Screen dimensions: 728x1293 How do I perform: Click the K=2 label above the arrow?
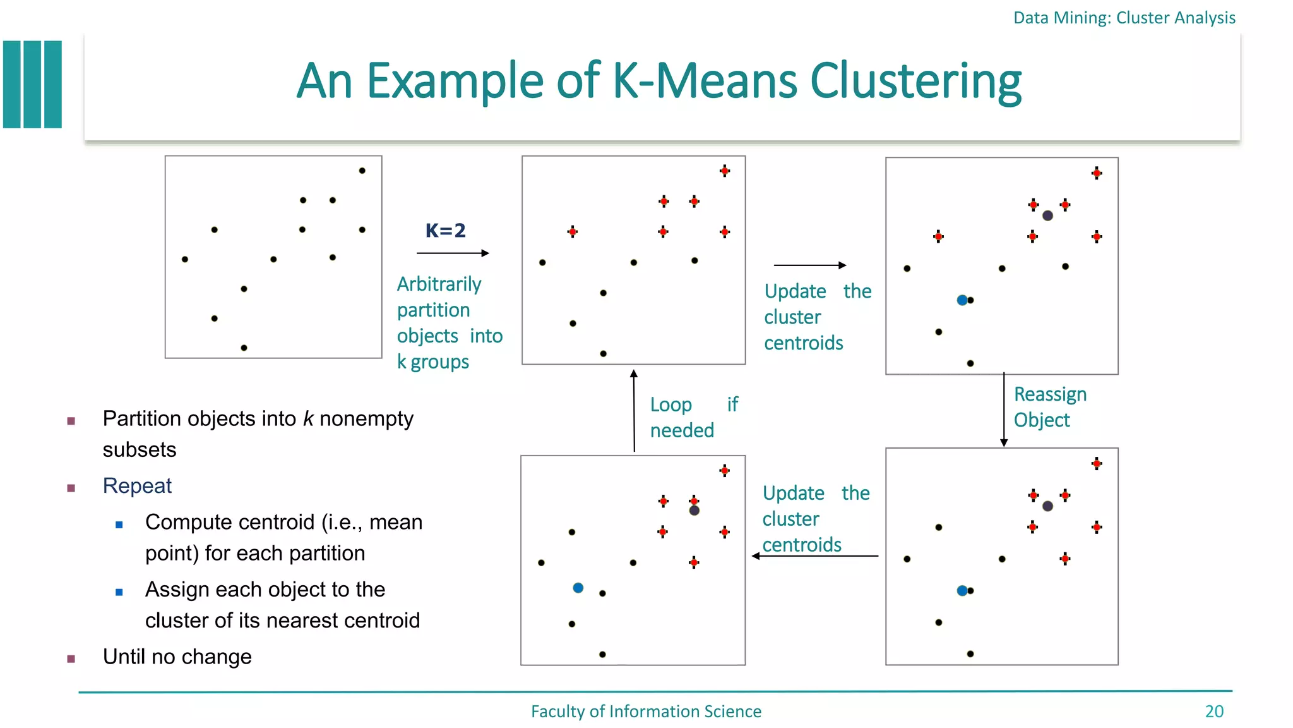click(x=445, y=231)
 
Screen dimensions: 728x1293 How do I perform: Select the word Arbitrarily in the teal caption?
click(x=439, y=284)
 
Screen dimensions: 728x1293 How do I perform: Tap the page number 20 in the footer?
click(x=1213, y=712)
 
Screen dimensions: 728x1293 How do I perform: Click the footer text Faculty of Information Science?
click(x=646, y=712)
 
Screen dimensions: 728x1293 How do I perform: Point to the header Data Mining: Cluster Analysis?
click(x=1124, y=18)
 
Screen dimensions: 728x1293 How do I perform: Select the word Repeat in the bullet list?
click(x=137, y=486)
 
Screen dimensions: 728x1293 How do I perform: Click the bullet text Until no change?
click(x=177, y=657)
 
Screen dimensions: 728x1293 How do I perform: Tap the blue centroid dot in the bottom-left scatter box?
click(x=578, y=588)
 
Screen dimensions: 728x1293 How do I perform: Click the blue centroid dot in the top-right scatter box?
click(x=962, y=300)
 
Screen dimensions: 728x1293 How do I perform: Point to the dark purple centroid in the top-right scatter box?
click(x=1047, y=215)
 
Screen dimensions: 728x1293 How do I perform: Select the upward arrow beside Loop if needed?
click(x=634, y=411)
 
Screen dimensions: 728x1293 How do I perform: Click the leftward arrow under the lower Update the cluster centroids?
click(x=814, y=556)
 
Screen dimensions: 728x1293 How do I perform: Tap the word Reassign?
click(x=1050, y=394)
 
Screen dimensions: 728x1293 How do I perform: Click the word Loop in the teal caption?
click(x=670, y=405)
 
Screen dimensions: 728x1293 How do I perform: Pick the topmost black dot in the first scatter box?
click(x=362, y=171)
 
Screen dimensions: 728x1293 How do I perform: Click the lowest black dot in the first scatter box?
click(x=244, y=348)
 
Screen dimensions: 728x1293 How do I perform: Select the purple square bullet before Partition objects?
click(x=71, y=421)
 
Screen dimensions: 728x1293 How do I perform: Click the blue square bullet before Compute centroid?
click(x=119, y=525)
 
